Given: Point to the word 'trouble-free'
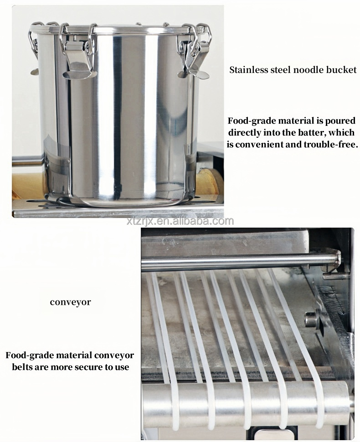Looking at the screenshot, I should click(333, 145).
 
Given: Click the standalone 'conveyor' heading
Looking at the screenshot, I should click(70, 302).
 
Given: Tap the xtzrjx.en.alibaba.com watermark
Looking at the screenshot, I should click(180, 222).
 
